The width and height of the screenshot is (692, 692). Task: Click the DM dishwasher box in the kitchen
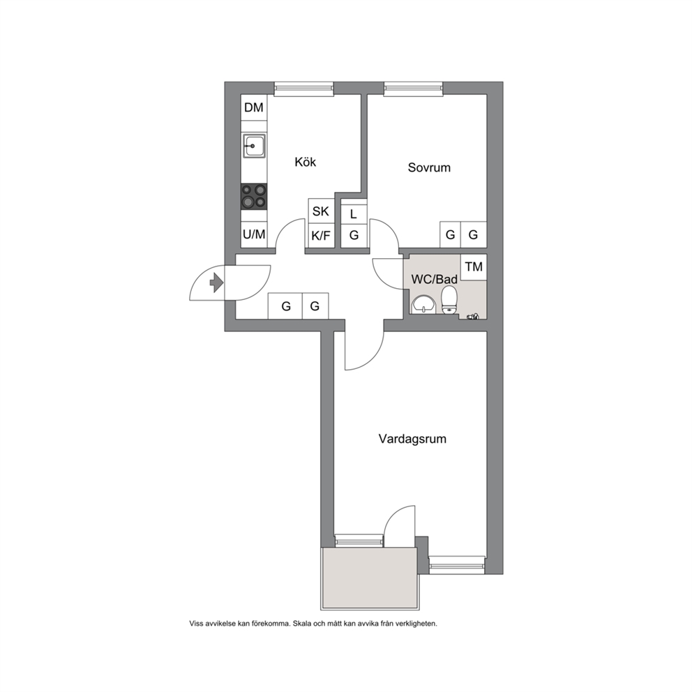254,107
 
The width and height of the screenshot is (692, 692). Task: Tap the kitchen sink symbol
254,145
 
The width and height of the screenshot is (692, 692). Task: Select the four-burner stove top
254,197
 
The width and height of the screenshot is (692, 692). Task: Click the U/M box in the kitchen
254,234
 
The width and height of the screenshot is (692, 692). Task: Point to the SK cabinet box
322,211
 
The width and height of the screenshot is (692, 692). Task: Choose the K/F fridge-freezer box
322,236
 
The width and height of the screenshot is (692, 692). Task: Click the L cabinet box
354,214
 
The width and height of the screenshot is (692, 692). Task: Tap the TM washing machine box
474,266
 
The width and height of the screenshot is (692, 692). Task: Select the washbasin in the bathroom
423,305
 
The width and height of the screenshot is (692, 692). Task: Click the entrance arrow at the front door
216,283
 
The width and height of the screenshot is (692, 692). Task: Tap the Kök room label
306,162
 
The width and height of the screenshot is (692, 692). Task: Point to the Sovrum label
429,167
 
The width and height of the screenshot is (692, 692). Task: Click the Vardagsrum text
412,439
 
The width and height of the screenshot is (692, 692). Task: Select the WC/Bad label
435,279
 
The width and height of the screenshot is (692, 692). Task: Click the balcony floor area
370,578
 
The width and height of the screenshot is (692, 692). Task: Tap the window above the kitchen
303,89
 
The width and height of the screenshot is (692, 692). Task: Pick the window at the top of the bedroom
413,89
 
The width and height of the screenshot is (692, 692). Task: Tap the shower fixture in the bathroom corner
473,316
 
